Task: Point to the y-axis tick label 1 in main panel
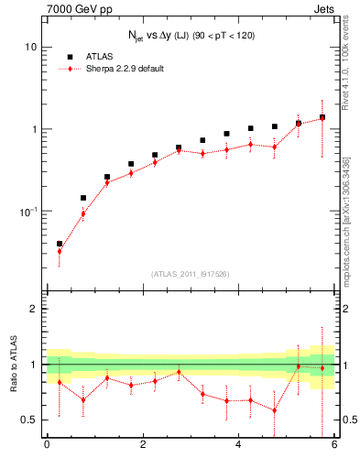(34, 129)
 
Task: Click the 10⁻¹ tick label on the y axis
(28, 211)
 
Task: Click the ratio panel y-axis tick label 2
(34, 310)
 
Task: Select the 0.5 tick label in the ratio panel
(29, 420)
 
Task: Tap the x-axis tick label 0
(47, 445)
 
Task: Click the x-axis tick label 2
(143, 445)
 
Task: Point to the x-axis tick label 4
(238, 445)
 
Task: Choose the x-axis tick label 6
(334, 445)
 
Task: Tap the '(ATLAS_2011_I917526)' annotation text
(191, 274)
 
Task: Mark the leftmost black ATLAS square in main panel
(60, 244)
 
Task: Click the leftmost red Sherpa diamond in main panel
(60, 251)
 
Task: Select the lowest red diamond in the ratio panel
(274, 410)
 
